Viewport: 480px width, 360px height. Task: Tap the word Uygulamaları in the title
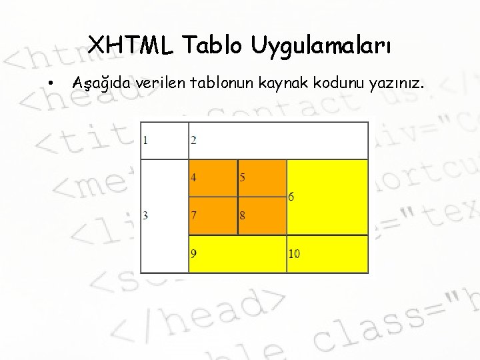pos(322,47)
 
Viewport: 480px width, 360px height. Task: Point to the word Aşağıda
pos(101,84)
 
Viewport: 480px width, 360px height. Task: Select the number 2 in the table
pos(193,140)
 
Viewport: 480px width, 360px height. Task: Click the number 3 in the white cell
pos(145,215)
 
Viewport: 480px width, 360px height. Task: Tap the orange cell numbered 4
pos(213,178)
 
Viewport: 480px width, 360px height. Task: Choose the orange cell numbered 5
pos(262,178)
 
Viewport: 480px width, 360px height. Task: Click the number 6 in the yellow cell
pos(292,197)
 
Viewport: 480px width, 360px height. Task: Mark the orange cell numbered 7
pos(213,216)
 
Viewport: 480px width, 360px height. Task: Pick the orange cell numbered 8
pos(262,216)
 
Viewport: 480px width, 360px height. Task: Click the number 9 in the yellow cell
pos(193,253)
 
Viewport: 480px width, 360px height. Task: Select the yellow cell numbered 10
pos(327,253)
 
